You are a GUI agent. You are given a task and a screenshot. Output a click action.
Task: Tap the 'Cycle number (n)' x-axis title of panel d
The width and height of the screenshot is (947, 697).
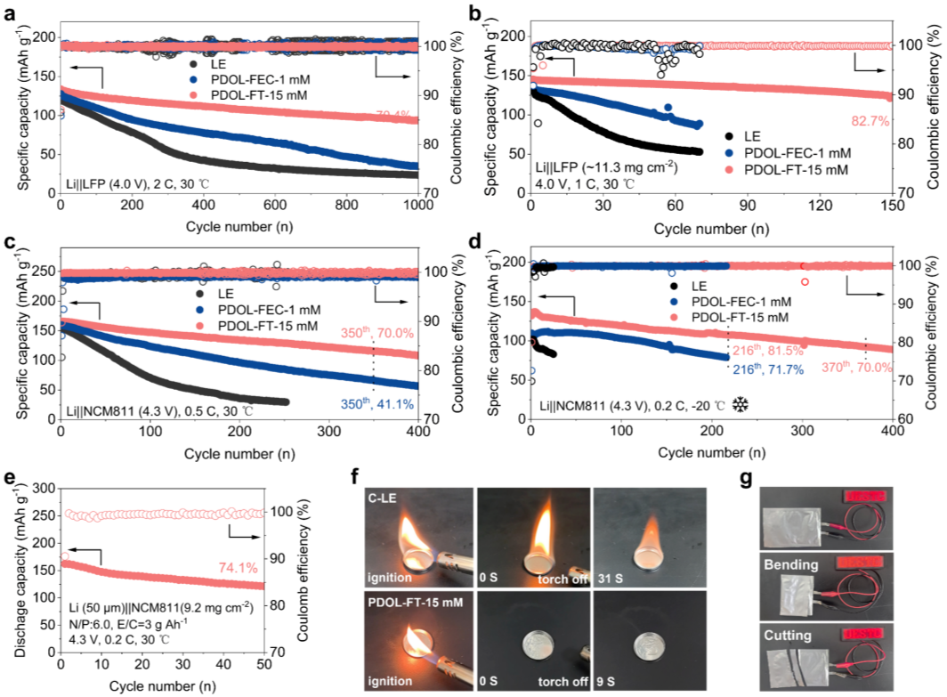pos(712,453)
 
